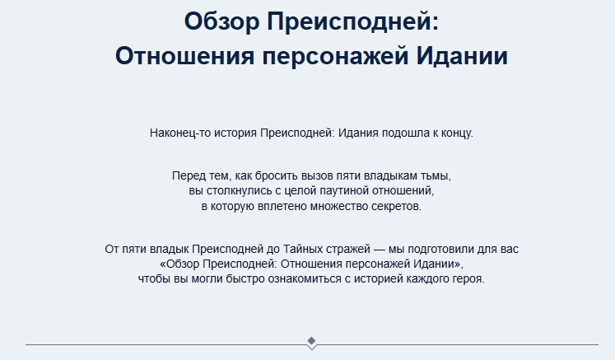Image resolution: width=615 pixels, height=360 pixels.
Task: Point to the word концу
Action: tap(456, 133)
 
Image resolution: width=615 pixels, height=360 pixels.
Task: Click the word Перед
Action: tap(189, 177)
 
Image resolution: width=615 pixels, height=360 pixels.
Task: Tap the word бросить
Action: tap(277, 177)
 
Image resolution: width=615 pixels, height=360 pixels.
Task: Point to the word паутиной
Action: tap(338, 191)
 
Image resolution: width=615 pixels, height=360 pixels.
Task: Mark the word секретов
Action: tap(394, 206)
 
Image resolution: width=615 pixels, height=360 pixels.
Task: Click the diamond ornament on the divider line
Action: tap(311, 341)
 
